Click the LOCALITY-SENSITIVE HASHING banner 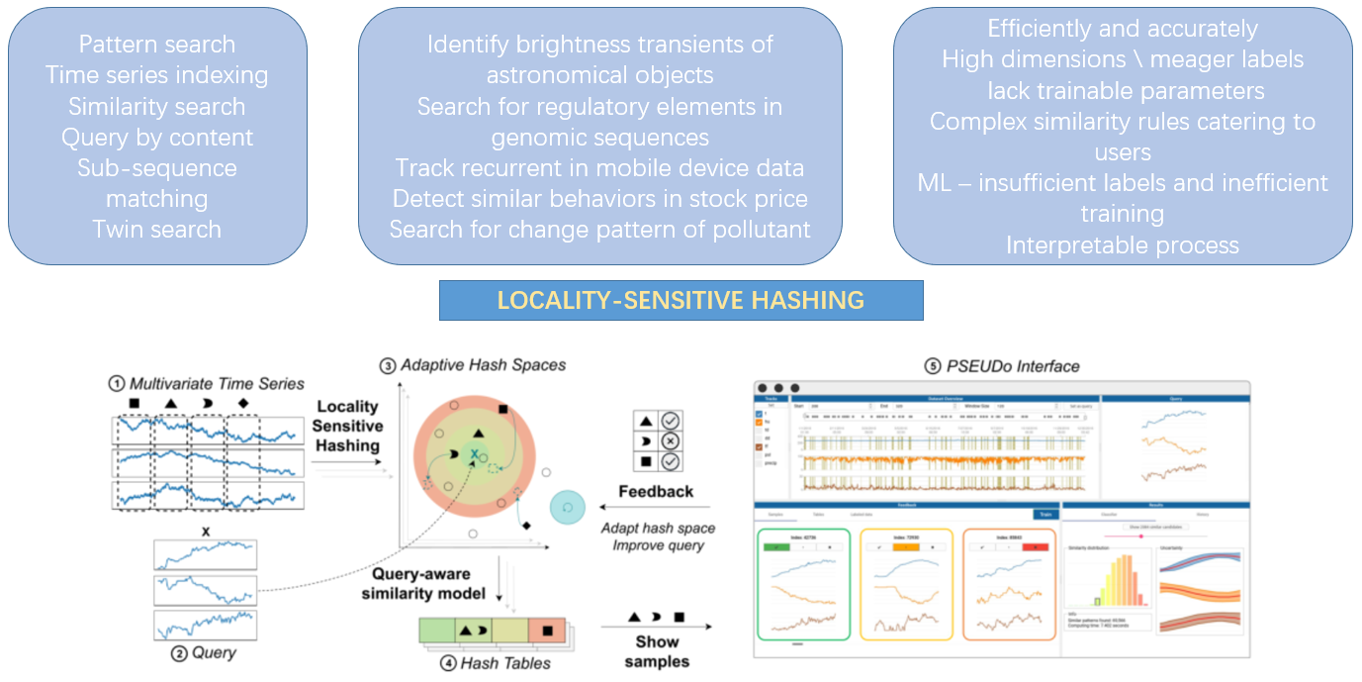681,300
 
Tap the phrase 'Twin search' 156,230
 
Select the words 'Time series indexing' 156,75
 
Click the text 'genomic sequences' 599,137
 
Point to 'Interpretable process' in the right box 1122,244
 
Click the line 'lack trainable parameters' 1122,91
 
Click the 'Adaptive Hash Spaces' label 482,365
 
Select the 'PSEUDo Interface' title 1001,366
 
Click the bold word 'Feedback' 655,492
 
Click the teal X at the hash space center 475,454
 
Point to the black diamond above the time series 243,404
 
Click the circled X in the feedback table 671,441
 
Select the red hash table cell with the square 546,630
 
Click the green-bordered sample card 803,584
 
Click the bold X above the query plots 205,532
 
